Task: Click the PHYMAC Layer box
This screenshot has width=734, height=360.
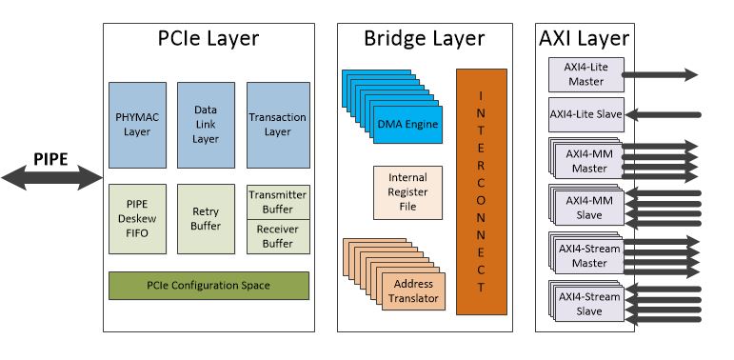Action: point(138,125)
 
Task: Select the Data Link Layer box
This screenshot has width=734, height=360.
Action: point(206,125)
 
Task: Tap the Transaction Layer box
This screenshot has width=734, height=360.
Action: point(277,125)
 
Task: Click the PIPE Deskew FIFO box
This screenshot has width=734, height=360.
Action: point(138,218)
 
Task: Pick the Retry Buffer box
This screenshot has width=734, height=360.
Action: point(206,218)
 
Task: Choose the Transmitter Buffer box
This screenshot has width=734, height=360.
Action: point(277,201)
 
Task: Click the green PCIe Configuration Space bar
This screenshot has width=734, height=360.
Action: point(208,285)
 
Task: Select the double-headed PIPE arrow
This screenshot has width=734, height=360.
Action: point(52,176)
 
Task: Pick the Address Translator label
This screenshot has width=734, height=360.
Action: point(412,290)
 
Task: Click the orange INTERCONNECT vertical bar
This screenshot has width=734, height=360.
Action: point(481,191)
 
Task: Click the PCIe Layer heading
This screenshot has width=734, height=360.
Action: point(208,39)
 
